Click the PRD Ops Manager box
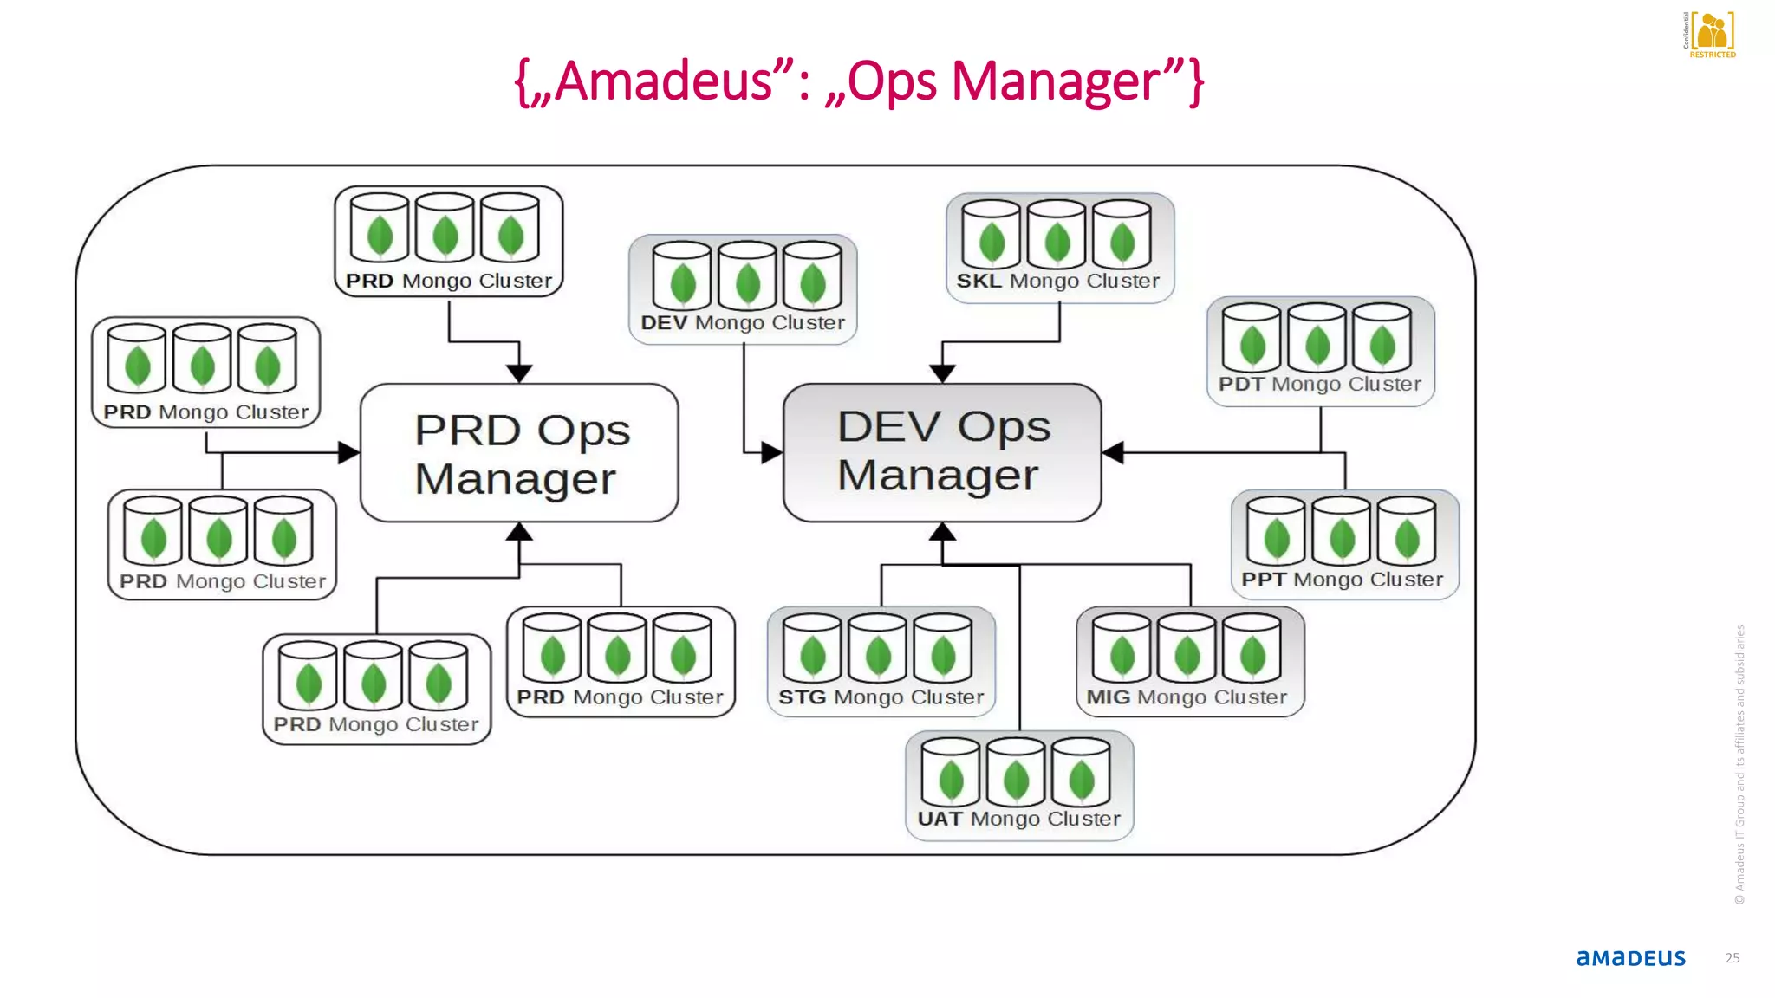[x=519, y=453]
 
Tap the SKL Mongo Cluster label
[x=1057, y=281]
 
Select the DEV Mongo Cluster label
[x=743, y=322]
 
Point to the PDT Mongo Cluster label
[x=1319, y=384]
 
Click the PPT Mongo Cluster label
[x=1342, y=580]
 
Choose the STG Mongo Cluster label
[x=881, y=697]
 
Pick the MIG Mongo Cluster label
[x=1187, y=697]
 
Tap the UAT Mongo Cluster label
[x=1018, y=819]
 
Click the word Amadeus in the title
[x=663, y=81]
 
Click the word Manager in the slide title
[x=1056, y=81]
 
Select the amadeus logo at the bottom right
[x=1630, y=957]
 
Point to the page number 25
[x=1732, y=958]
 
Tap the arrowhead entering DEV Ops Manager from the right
[x=1114, y=452]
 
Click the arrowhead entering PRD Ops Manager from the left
[x=348, y=452]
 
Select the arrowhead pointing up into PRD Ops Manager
[x=519, y=532]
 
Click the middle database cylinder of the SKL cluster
[x=1057, y=234]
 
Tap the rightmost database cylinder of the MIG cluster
[x=1252, y=647]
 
